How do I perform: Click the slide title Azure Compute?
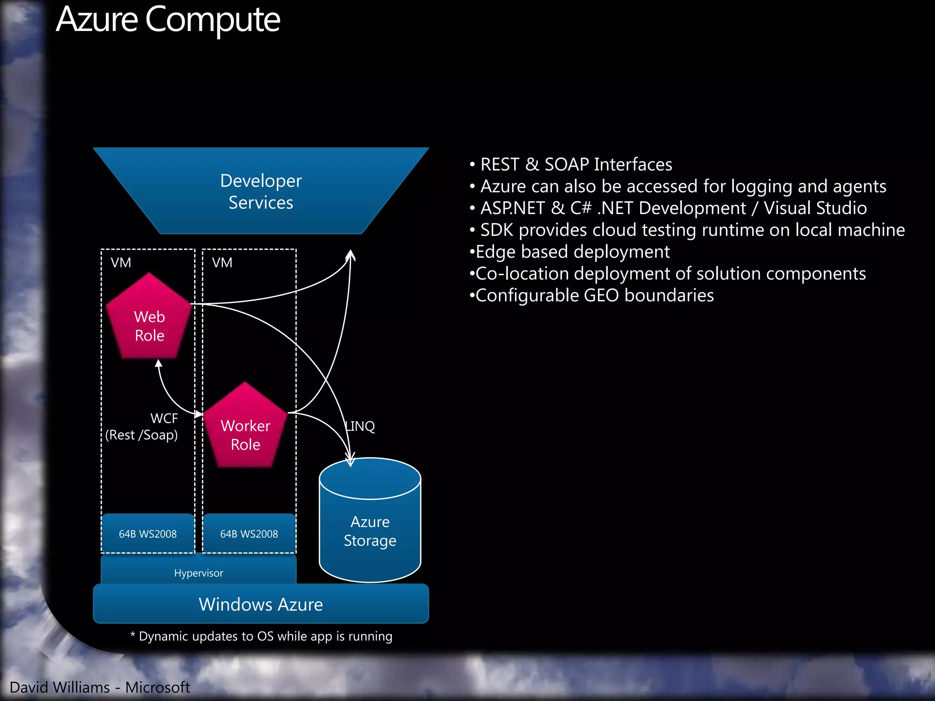168,21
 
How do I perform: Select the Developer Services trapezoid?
261,191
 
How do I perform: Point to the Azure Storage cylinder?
370,529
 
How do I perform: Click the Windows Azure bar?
261,604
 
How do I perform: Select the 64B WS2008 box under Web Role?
147,534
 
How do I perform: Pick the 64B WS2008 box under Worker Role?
249,534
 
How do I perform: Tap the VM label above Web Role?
121,262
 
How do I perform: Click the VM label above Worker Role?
222,262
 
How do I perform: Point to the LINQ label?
360,426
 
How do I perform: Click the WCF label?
164,418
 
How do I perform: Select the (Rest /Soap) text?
142,435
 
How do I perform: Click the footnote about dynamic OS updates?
261,636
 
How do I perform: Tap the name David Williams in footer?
60,687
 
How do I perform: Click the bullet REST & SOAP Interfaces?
576,164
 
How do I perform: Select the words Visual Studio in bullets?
815,208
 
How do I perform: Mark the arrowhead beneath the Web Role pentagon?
158,364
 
